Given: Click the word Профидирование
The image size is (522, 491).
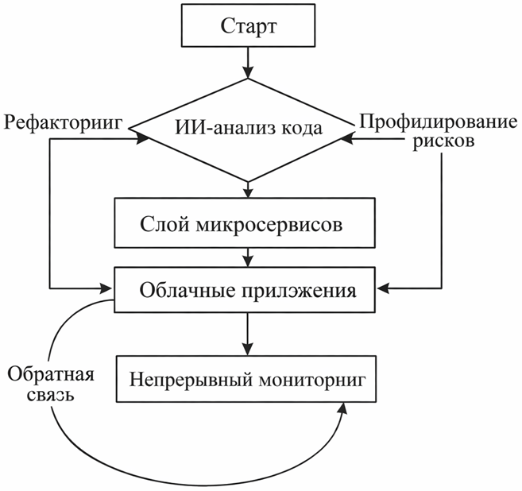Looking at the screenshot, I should coord(439,122).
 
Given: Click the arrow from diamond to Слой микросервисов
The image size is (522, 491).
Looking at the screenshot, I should coord(249,189).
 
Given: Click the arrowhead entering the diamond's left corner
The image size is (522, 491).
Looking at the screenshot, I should coord(144,138).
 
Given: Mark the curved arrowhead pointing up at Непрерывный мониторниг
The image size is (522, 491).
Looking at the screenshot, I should coord(343,408).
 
